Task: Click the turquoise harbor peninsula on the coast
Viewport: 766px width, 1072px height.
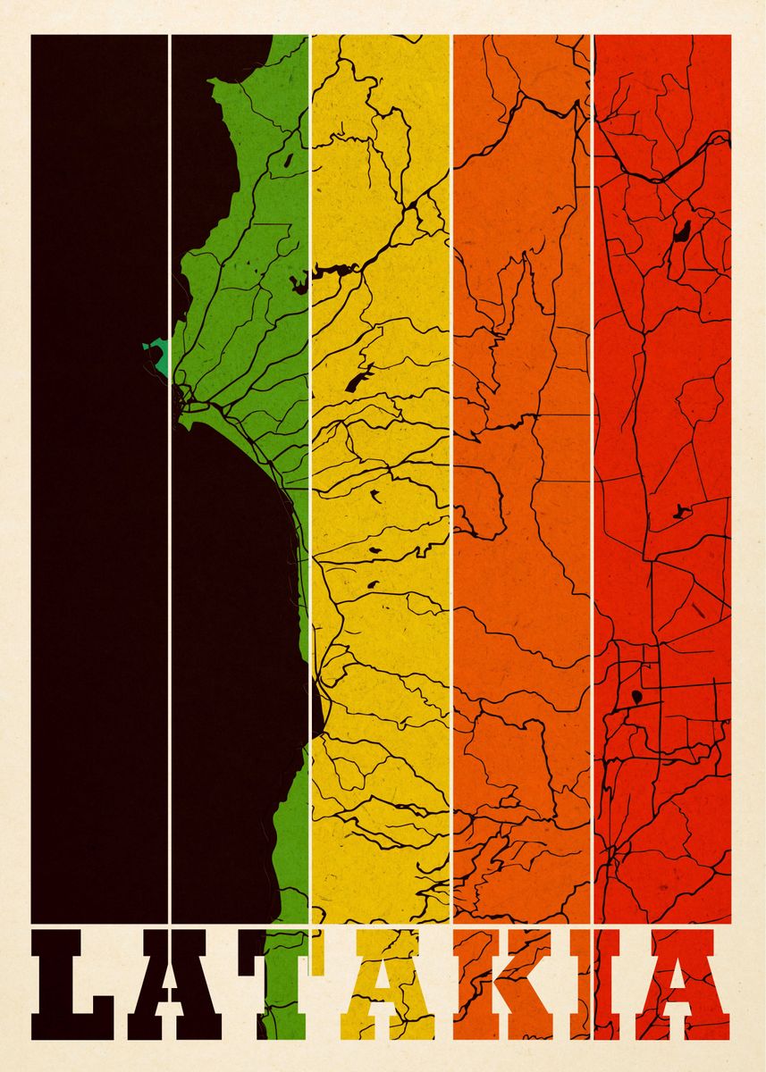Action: tap(157, 356)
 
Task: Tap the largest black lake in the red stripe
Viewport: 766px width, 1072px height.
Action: tap(682, 232)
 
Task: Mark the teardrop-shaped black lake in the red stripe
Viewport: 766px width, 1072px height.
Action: tap(636, 695)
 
